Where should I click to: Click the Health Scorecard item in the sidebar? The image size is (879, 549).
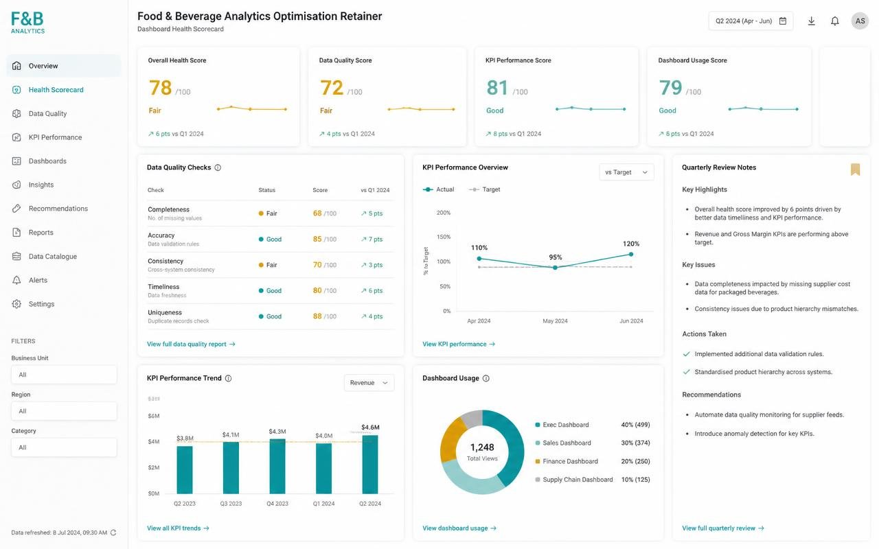(x=56, y=90)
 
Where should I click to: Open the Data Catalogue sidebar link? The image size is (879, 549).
(x=53, y=257)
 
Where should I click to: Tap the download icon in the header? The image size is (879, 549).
(x=812, y=21)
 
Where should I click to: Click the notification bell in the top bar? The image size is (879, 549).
(x=835, y=21)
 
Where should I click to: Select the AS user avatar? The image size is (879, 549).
(x=860, y=21)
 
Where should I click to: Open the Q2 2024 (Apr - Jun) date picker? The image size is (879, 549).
(x=751, y=21)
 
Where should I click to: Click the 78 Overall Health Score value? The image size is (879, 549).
(x=160, y=87)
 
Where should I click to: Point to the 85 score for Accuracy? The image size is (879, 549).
(x=317, y=240)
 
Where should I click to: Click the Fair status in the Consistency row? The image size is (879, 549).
(x=271, y=265)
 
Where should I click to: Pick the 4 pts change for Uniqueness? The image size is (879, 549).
(x=375, y=316)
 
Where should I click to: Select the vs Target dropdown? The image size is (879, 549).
(x=626, y=172)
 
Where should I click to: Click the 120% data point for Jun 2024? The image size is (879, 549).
(x=631, y=254)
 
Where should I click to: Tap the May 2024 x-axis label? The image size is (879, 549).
(x=555, y=320)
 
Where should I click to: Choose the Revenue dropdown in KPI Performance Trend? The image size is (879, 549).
(x=369, y=383)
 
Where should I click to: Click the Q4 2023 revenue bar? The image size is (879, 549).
(x=277, y=466)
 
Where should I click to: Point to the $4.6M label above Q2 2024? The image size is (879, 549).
(x=370, y=427)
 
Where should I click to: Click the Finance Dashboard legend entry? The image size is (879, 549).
(x=570, y=462)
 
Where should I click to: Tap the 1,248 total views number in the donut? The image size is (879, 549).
(x=482, y=447)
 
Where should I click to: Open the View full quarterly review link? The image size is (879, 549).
(x=723, y=528)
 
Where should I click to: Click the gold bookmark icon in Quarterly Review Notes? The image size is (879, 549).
(x=856, y=170)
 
